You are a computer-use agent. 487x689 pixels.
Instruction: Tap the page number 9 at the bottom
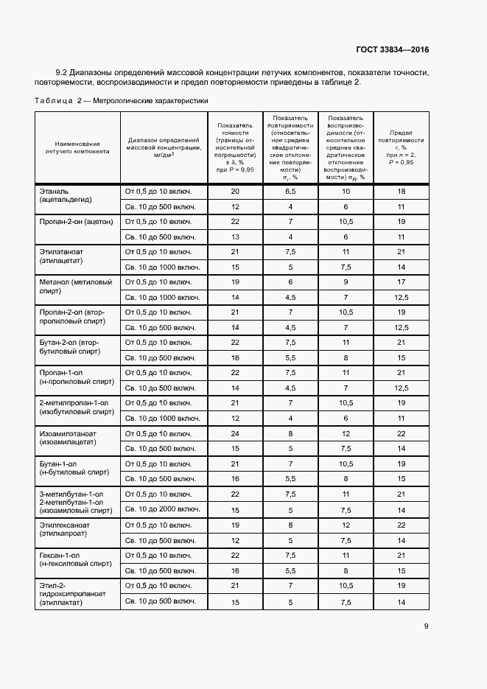(x=426, y=626)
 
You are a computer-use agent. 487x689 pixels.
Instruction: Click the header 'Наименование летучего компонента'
(x=77, y=147)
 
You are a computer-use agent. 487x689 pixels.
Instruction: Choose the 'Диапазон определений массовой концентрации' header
(x=164, y=147)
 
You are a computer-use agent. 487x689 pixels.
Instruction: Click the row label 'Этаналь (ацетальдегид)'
(x=66, y=198)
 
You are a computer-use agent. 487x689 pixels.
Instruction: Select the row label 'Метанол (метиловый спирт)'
(x=72, y=289)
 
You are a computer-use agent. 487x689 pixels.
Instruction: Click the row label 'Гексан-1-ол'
(x=72, y=561)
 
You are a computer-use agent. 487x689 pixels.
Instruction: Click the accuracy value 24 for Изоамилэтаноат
(x=236, y=433)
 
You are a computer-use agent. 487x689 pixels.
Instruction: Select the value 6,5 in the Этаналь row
(x=291, y=192)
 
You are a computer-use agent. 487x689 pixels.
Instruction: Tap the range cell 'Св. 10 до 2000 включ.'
(x=164, y=509)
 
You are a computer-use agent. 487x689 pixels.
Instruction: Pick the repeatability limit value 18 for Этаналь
(x=402, y=192)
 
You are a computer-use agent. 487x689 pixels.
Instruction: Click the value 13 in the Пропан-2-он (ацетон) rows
(x=236, y=237)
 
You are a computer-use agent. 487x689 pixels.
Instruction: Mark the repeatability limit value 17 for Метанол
(x=402, y=282)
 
